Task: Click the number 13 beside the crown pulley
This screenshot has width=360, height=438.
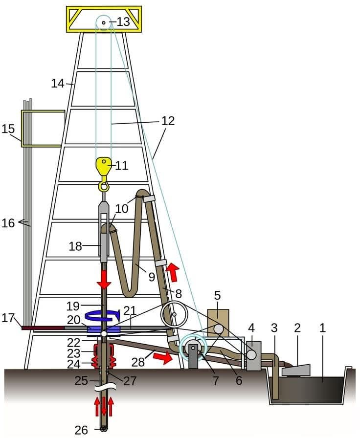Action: (x=123, y=22)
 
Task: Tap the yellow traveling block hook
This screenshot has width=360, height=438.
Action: (x=104, y=174)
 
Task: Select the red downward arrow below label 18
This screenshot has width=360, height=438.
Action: (x=104, y=279)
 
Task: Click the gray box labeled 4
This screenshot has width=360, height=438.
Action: (x=253, y=356)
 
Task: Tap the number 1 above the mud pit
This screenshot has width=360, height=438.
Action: (x=322, y=328)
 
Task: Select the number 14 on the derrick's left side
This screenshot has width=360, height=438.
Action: (x=58, y=83)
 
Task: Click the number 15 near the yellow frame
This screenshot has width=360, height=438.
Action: (x=8, y=129)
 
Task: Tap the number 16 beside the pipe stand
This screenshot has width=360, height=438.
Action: (x=8, y=223)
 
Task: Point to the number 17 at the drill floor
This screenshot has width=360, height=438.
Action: (x=8, y=318)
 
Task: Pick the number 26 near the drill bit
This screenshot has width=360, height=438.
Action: (x=81, y=430)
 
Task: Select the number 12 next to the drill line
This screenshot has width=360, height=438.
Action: (x=168, y=121)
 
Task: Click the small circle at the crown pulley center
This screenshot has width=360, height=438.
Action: (x=104, y=22)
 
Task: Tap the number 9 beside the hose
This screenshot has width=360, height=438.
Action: (x=151, y=277)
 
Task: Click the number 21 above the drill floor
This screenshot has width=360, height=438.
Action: (x=130, y=310)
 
